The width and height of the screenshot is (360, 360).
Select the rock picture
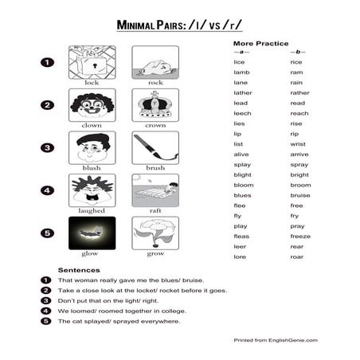[155, 61]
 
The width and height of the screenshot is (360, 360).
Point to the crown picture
[155, 104]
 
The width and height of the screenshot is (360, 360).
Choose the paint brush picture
[155, 147]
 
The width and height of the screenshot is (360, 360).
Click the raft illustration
[155, 190]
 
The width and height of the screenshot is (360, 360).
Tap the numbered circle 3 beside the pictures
[47, 147]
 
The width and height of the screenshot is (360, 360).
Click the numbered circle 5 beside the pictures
[47, 233]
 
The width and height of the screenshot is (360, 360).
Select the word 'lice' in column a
[239, 61]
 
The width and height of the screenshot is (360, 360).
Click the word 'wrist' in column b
[298, 143]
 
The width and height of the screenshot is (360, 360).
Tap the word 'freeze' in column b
[300, 236]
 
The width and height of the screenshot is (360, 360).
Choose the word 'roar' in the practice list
[297, 256]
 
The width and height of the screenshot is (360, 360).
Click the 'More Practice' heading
[260, 43]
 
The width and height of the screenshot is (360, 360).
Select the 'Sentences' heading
[79, 269]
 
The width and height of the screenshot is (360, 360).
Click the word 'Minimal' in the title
[137, 25]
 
